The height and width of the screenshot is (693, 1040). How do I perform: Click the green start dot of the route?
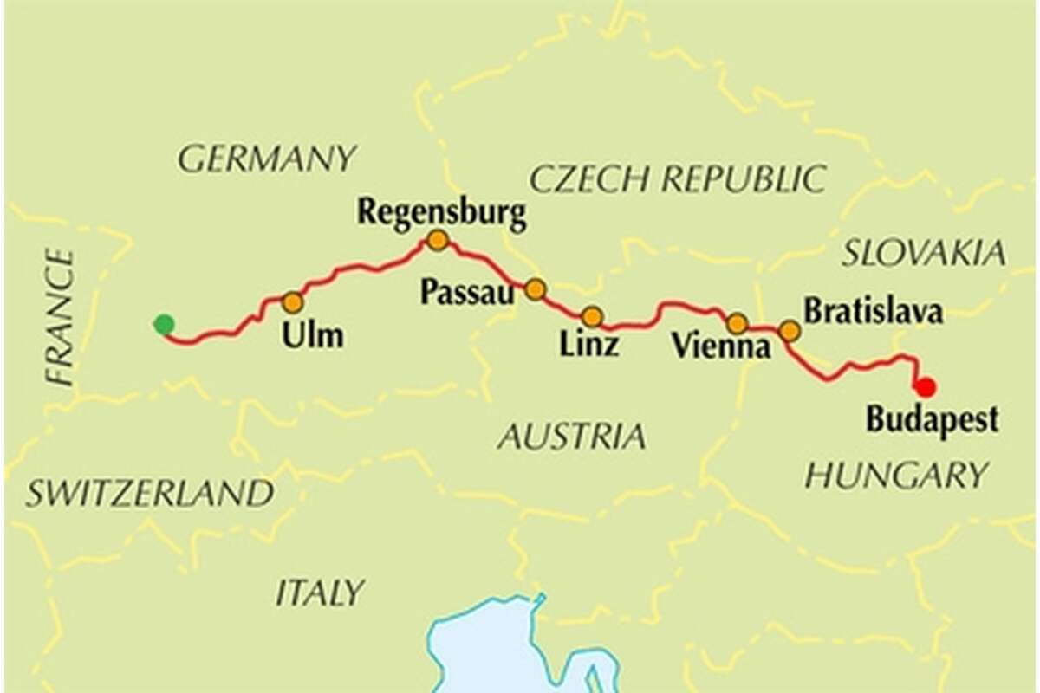163,325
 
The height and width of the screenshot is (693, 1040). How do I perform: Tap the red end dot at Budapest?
926,386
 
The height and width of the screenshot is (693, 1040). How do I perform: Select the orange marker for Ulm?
293,302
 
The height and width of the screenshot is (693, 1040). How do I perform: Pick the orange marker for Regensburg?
438,240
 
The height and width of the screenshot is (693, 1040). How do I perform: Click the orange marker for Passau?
536,289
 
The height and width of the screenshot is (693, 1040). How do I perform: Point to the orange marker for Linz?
592,316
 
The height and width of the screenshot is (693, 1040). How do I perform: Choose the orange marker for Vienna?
737,324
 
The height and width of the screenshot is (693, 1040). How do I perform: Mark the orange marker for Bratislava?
789,330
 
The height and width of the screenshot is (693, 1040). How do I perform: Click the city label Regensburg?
442,211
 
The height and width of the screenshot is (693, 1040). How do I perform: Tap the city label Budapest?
932,419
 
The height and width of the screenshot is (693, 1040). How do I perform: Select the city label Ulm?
312,335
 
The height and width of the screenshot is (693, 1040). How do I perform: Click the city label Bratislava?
873,311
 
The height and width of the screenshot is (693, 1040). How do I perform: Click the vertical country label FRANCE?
61,316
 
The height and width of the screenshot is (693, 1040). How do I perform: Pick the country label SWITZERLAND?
149,494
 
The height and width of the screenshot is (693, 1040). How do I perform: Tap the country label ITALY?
320,593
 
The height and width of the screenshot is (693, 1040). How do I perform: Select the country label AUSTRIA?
571,437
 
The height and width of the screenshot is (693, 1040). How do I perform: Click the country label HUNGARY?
896,475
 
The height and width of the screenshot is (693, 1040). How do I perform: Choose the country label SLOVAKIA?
924,253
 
